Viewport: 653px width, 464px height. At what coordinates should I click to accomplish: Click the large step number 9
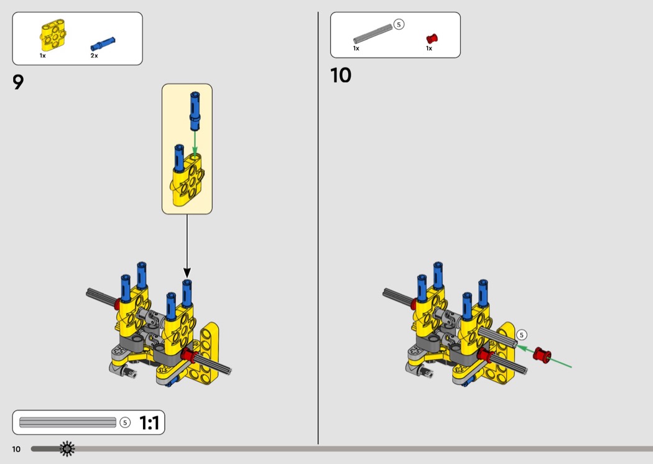tap(18, 82)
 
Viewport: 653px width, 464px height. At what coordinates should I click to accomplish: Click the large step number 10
tap(341, 75)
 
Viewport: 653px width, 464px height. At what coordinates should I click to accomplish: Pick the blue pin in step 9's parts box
tap(103, 44)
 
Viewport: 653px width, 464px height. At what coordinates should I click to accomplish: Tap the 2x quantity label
tap(94, 56)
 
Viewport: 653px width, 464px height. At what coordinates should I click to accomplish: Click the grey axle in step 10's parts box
tap(373, 34)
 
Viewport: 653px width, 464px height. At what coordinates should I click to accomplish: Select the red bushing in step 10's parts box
tap(432, 39)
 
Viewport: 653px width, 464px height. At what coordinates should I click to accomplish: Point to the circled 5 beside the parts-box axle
tap(399, 25)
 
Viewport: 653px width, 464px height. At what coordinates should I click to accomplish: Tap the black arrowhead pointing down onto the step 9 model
tap(187, 273)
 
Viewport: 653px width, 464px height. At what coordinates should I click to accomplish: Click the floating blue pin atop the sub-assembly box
tap(195, 111)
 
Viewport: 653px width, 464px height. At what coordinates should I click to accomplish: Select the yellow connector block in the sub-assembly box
tap(187, 180)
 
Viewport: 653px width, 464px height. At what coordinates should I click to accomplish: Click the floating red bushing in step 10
tap(542, 355)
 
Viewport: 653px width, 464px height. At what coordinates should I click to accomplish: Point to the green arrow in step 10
tap(544, 356)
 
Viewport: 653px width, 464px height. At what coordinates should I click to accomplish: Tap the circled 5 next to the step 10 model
tap(521, 335)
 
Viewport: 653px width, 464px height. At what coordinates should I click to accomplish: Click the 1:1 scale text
tap(149, 423)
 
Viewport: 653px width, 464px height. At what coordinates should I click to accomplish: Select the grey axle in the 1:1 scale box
tap(67, 422)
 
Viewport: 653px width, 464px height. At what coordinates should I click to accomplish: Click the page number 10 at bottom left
tap(16, 449)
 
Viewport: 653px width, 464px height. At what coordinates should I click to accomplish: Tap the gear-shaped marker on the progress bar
tap(67, 448)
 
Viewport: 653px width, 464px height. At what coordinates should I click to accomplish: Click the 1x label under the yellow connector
tap(42, 56)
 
